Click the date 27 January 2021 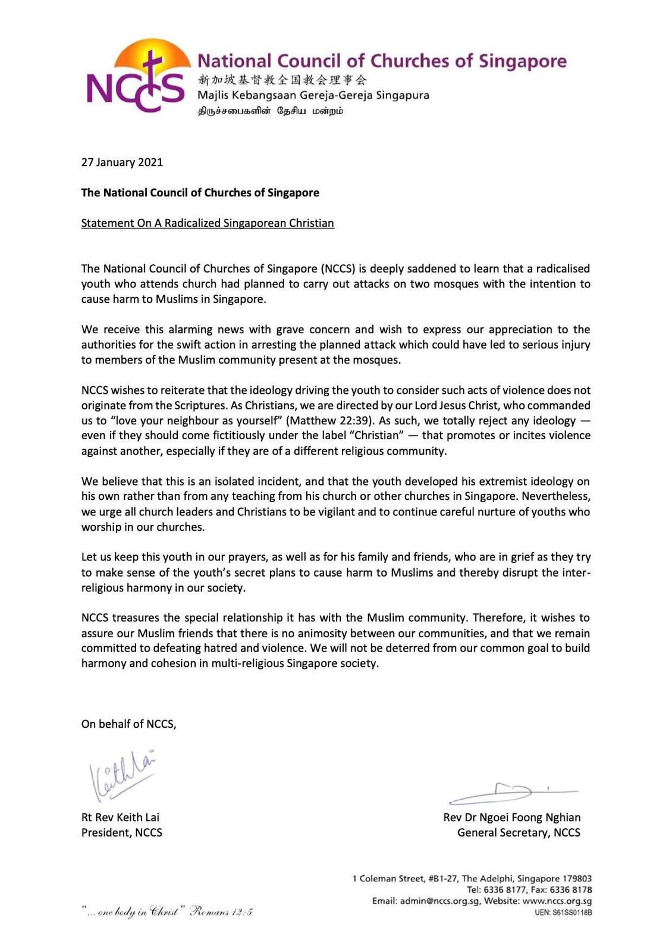point(122,162)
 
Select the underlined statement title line point(208,223)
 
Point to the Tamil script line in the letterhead point(271,111)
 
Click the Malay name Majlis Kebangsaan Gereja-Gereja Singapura point(313,95)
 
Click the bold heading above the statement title point(200,193)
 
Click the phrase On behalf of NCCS point(128,724)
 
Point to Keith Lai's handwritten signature point(123,775)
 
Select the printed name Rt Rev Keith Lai point(120,818)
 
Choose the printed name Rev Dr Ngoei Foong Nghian point(511,818)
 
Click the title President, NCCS point(122,833)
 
